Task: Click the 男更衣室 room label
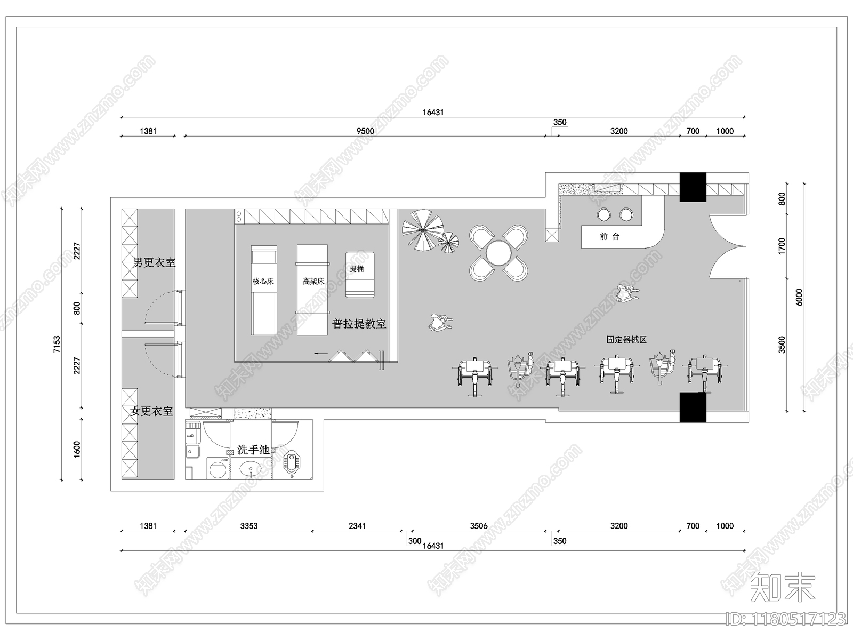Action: [154, 263]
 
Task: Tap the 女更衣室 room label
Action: [151, 411]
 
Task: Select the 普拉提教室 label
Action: [359, 324]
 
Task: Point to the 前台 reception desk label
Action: [609, 236]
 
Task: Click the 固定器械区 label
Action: [626, 340]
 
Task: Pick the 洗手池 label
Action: [253, 450]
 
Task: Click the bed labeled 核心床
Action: [264, 290]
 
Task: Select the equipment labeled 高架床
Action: [312, 290]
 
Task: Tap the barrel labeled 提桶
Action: [360, 275]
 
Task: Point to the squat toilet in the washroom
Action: [292, 463]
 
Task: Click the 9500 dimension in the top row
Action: [365, 131]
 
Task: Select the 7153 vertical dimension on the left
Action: [57, 345]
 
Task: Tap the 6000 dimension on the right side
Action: [799, 297]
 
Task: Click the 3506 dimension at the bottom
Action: [479, 526]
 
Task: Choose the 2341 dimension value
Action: [357, 526]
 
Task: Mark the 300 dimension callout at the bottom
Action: [415, 541]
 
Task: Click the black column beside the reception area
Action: [693, 187]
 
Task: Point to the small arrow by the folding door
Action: [320, 353]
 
